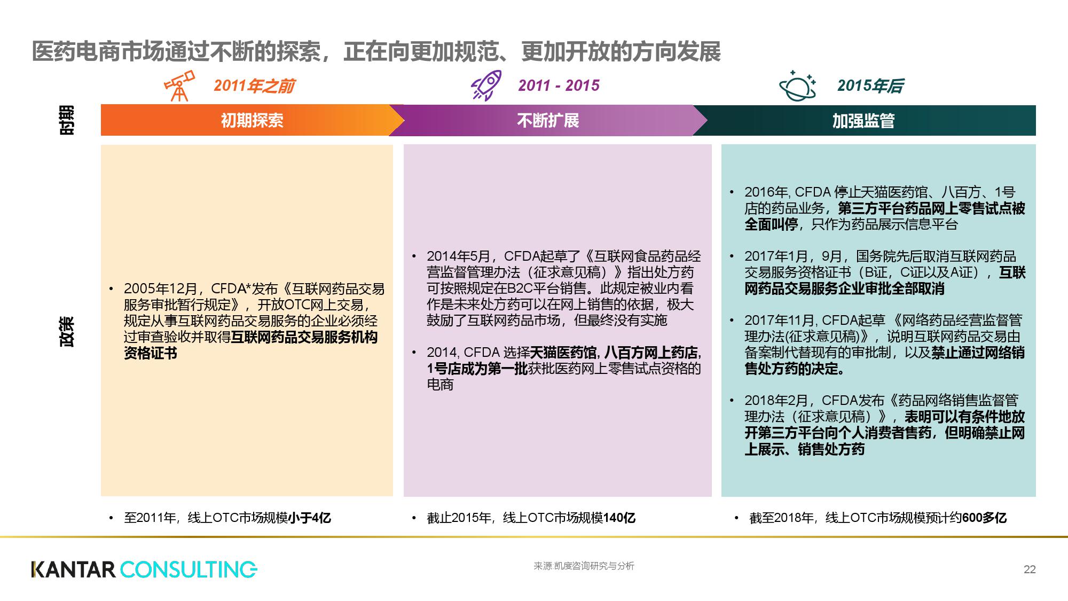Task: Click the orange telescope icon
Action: tap(179, 85)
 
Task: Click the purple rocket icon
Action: tap(486, 85)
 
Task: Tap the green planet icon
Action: tap(797, 85)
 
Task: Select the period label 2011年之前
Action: tap(254, 86)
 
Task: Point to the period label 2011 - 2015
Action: tap(559, 85)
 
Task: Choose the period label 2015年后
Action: tap(870, 85)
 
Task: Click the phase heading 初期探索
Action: tap(252, 120)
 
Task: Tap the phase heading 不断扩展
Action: tap(548, 120)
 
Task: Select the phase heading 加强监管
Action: tap(863, 121)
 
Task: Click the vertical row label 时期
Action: tap(67, 120)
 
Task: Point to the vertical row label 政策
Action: tap(67, 332)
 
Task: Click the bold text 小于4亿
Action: tap(310, 518)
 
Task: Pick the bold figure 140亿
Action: tap(619, 518)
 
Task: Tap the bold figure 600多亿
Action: tap(984, 518)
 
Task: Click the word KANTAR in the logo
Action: tap(74, 569)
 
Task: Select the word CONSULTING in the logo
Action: tap(189, 569)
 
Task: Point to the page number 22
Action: tap(1030, 569)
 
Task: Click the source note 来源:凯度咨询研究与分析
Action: tap(584, 566)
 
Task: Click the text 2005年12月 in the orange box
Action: tap(161, 289)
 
